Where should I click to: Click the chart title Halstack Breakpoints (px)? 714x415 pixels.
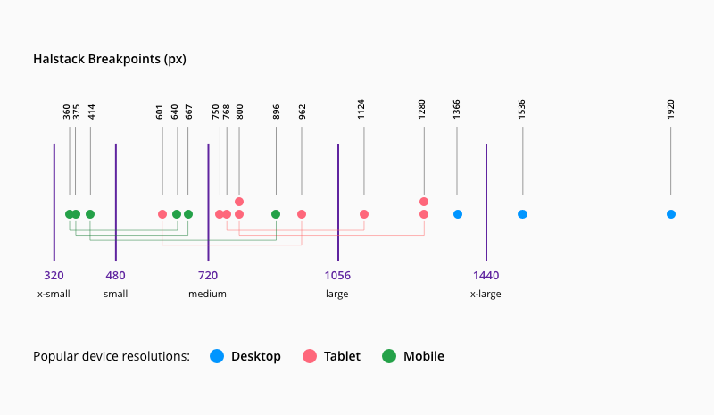coord(109,59)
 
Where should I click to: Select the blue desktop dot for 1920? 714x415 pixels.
coord(670,214)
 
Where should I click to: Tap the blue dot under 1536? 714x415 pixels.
coord(522,214)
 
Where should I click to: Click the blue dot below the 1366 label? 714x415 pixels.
coord(458,214)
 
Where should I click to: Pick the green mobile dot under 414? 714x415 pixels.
coord(90,214)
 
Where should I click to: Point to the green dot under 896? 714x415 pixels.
coord(276,214)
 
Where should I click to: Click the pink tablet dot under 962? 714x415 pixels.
coord(302,214)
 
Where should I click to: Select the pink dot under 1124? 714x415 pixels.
coord(364,214)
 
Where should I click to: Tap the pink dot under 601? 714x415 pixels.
coord(162,214)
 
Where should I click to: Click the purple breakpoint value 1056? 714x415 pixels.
coord(337,276)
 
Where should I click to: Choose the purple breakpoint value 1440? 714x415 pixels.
coord(486,276)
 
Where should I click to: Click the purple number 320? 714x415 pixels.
coord(54,276)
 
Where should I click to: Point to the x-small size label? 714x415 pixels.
coord(54,294)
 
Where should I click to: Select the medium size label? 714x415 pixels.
coord(207,294)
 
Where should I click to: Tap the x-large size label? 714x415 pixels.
coord(486,294)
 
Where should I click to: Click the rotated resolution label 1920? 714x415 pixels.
coord(670,109)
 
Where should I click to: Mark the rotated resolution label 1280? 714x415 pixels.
coord(423,109)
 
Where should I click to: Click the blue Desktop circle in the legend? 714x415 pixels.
coord(217,356)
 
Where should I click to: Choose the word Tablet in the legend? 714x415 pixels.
coord(342,356)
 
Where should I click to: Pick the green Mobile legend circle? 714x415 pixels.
coord(389,356)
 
